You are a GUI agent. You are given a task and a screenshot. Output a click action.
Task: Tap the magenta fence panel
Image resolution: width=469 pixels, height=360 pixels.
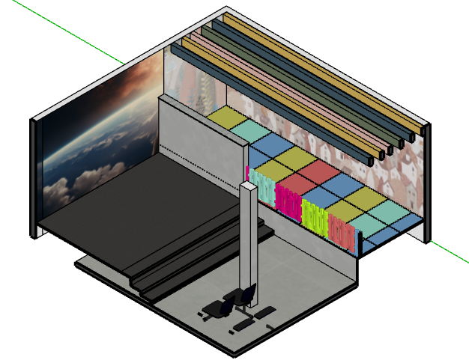[x=288, y=199]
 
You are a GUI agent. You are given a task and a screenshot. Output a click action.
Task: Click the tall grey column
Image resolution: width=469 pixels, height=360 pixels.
[x=248, y=247]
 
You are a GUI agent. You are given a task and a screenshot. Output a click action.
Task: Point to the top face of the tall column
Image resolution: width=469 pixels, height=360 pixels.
[x=248, y=185]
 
